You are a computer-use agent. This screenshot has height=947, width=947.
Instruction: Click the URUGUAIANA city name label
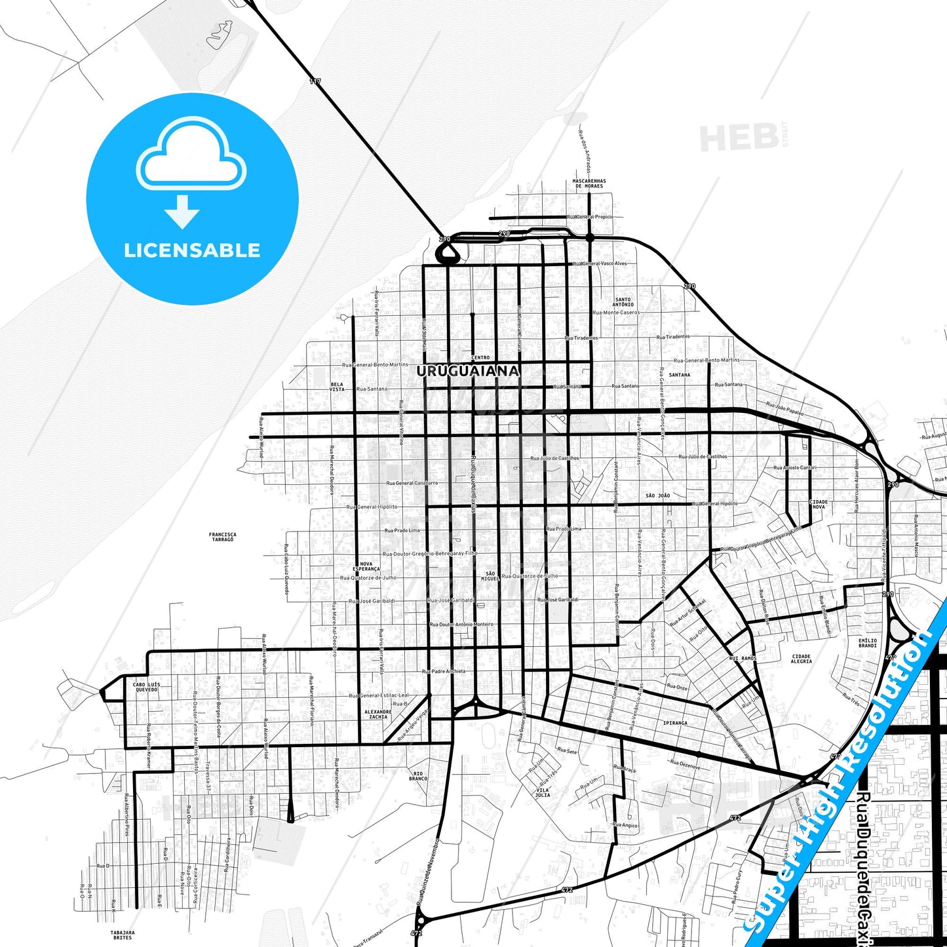468,371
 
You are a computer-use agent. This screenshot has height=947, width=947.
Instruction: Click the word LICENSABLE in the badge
192,250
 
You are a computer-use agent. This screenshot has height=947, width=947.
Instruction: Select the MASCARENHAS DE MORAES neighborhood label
589,184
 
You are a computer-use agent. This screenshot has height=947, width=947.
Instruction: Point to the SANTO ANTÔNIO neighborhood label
623,302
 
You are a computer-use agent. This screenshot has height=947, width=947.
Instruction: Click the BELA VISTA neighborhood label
337,387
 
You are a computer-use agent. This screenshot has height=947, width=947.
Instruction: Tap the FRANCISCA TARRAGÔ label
223,537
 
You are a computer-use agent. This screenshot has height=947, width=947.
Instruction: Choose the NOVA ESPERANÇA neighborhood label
366,566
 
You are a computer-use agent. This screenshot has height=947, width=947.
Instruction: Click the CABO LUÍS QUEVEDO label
147,687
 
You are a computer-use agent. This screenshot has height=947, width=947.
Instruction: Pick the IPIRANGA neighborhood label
675,723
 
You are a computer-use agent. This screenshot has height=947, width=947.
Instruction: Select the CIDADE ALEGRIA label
802,659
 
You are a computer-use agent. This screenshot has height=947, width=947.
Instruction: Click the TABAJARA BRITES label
123,935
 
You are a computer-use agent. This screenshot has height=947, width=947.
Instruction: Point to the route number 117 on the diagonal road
316,81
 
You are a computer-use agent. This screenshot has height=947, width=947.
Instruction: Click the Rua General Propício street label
590,217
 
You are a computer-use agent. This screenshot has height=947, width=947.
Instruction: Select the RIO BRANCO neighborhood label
418,776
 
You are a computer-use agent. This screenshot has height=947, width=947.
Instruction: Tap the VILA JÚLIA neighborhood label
543,792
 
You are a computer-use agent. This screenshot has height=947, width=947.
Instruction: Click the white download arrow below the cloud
182,212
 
